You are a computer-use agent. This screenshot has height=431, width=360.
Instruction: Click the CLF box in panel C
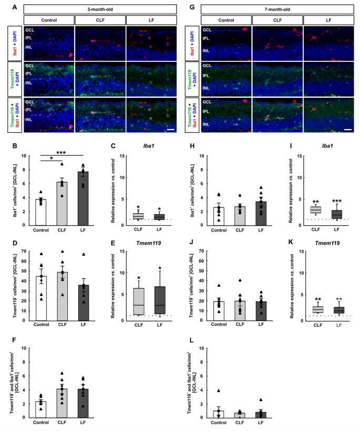click(138, 216)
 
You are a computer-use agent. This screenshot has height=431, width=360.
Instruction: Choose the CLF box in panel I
click(315, 210)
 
